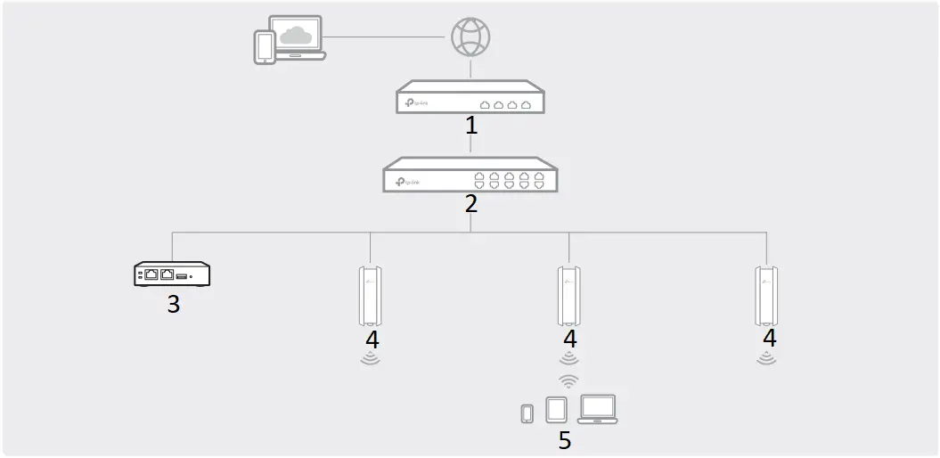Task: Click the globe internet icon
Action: pyautogui.click(x=470, y=37)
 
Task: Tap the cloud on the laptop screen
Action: pyautogui.click(x=295, y=37)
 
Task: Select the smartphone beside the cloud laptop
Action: pyautogui.click(x=265, y=48)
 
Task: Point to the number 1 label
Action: pyautogui.click(x=471, y=125)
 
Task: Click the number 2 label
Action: pyautogui.click(x=470, y=203)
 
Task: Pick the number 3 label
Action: pyautogui.click(x=173, y=304)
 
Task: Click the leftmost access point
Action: pyautogui.click(x=370, y=295)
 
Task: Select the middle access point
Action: pyautogui.click(x=568, y=295)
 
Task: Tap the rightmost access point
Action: pyautogui.click(x=766, y=295)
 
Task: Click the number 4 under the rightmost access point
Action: pyautogui.click(x=769, y=339)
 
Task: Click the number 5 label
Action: pyautogui.click(x=564, y=440)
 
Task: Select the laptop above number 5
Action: pyautogui.click(x=598, y=409)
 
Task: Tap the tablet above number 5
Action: pyautogui.click(x=555, y=410)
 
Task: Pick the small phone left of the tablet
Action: pyautogui.click(x=527, y=413)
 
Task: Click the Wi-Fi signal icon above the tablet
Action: pyautogui.click(x=568, y=381)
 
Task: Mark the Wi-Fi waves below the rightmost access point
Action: pyautogui.click(x=766, y=359)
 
